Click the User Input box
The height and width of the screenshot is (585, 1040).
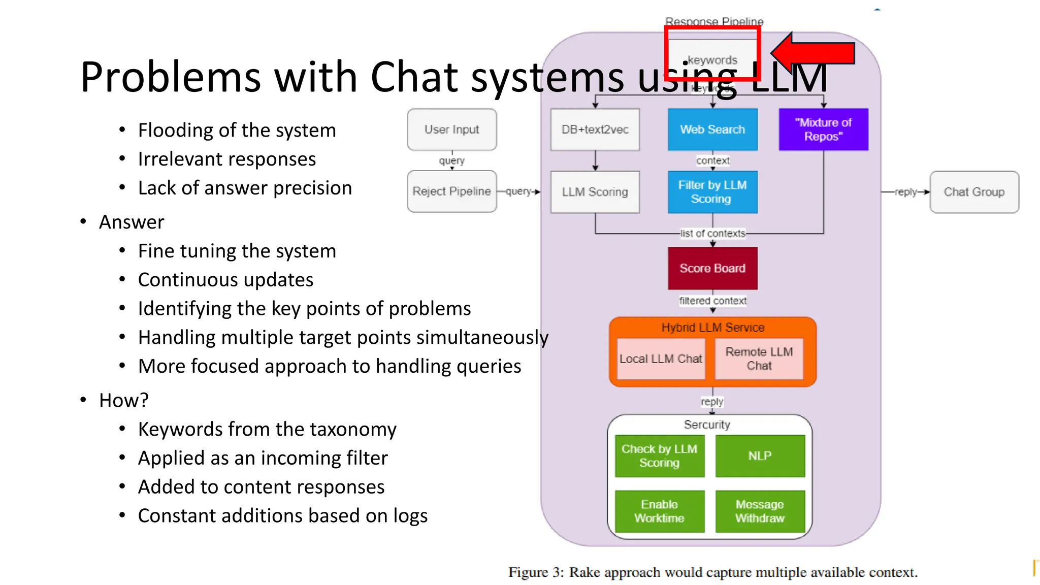452,129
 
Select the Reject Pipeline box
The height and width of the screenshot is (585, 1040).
452,191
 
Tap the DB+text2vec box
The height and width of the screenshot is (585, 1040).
595,129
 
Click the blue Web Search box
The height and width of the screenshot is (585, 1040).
712,129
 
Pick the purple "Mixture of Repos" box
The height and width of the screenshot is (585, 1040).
823,129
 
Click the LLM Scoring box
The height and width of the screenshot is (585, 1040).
595,192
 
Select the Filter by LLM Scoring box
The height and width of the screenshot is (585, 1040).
712,192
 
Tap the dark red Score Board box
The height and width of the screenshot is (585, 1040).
712,268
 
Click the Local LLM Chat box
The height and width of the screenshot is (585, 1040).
661,359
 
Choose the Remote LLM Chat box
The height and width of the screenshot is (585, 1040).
759,359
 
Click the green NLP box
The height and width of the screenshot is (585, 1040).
760,456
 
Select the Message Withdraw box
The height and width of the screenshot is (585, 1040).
760,511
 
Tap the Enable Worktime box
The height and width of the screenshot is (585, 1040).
659,511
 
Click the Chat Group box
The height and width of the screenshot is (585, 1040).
974,192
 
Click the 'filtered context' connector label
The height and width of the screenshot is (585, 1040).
712,301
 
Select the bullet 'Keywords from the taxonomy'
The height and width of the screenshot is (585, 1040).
267,430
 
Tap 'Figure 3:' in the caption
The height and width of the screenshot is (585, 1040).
536,572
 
